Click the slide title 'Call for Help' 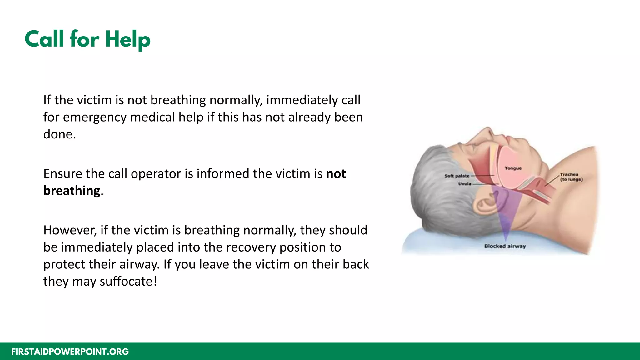point(87,39)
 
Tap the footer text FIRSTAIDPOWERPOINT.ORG point(70,352)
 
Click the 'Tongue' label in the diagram point(513,168)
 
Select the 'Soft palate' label point(457,176)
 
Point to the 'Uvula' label point(465,184)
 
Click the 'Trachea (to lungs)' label point(571,177)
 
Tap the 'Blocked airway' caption point(505,246)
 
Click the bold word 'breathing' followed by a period point(72,191)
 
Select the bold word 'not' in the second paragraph point(336,174)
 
